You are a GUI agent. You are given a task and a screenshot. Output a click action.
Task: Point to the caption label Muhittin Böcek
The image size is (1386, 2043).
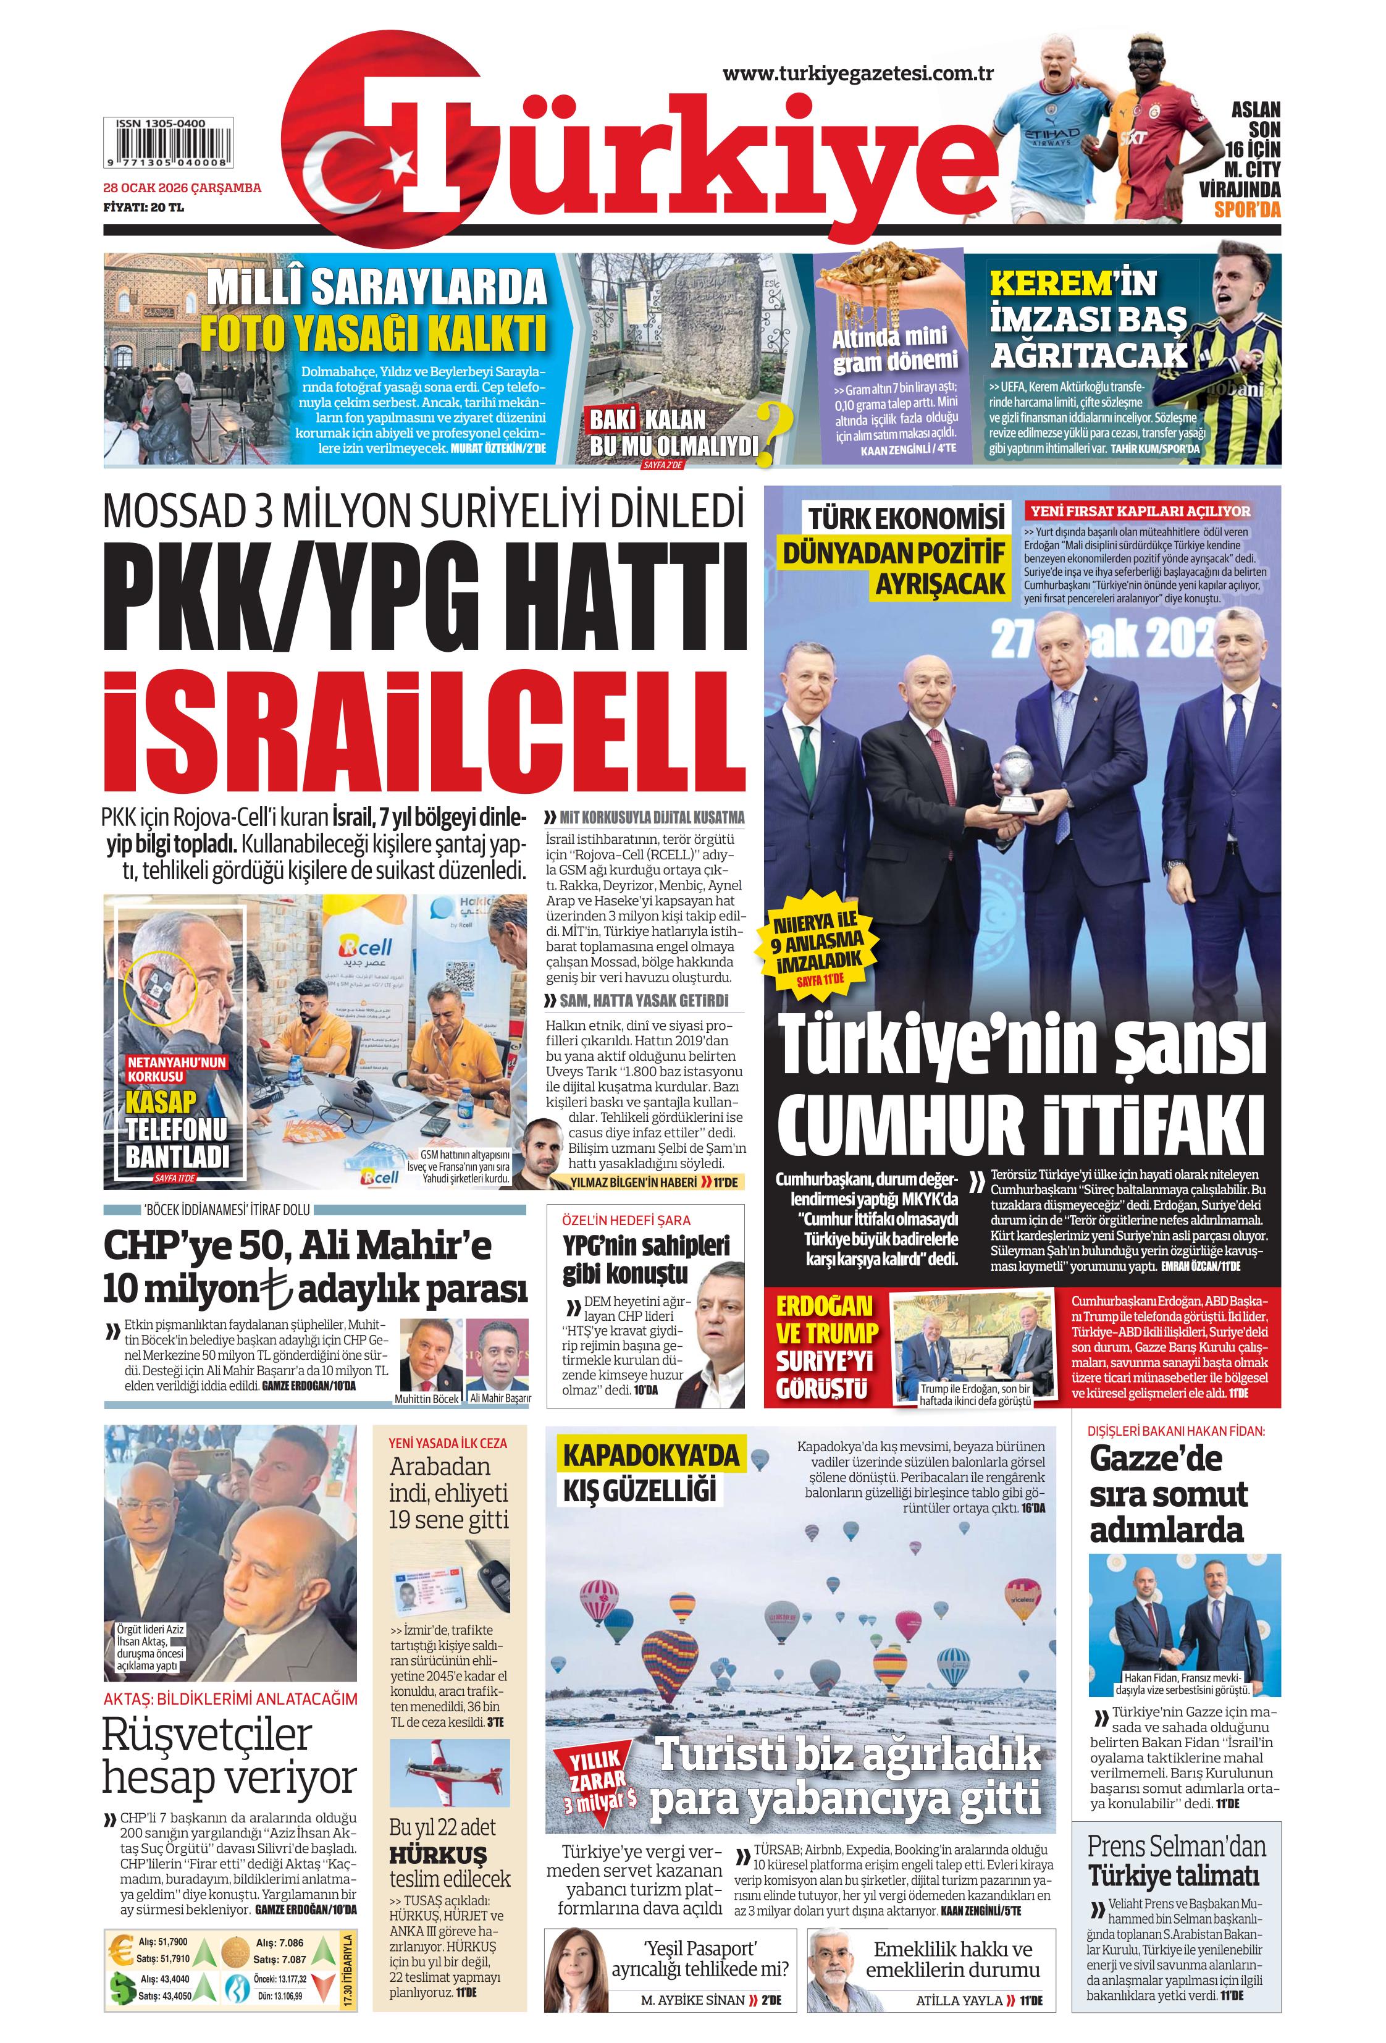pyautogui.click(x=427, y=1397)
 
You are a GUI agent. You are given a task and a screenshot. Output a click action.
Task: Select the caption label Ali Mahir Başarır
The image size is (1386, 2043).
pyautogui.click(x=500, y=1397)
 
